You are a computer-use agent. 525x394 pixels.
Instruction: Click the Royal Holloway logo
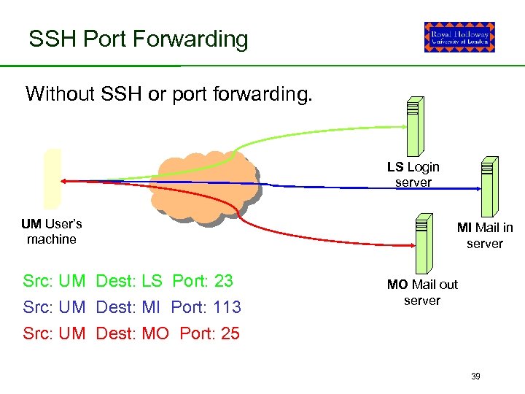(x=459, y=37)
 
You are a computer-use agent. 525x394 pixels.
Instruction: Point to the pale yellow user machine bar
(x=52, y=179)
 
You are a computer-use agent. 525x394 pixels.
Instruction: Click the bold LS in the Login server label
(x=395, y=167)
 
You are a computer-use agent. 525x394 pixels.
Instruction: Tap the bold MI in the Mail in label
(x=464, y=228)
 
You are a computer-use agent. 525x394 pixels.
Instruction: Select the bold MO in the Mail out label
(x=397, y=285)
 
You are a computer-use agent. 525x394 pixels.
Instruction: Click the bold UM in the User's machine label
(x=31, y=223)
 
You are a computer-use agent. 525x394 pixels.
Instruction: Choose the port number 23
(x=224, y=281)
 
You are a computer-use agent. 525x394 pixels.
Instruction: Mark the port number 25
(x=230, y=333)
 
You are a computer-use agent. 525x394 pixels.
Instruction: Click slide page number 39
(x=475, y=376)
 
